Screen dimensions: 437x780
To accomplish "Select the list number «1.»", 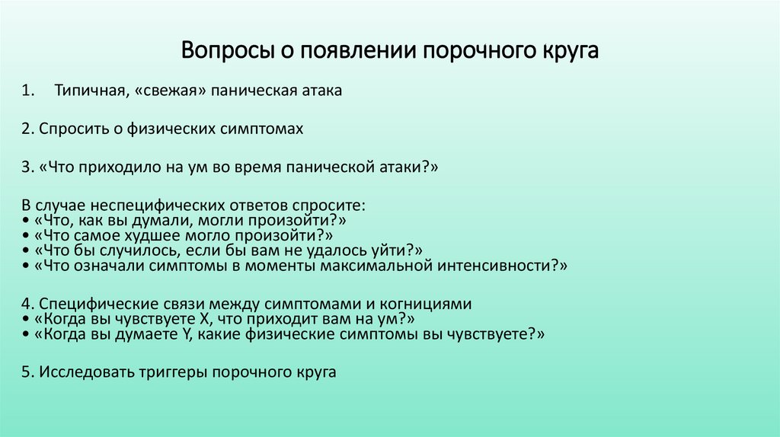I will [x=28, y=91].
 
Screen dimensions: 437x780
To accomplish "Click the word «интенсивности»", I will [x=503, y=266].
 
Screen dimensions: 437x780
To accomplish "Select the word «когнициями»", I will [x=434, y=305].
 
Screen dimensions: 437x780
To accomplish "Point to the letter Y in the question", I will [x=185, y=334].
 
